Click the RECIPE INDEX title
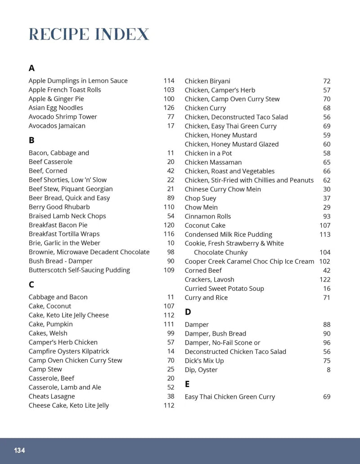pyautogui.click(x=89, y=34)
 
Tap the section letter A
pyautogui.click(x=31, y=68)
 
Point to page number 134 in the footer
pyautogui.click(x=19, y=450)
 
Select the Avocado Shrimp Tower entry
pyautogui.click(x=63, y=117)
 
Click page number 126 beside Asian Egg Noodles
pyautogui.click(x=169, y=108)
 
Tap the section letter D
pyautogui.click(x=188, y=312)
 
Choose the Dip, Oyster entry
pyautogui.click(x=201, y=370)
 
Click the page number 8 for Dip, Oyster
pyautogui.click(x=328, y=370)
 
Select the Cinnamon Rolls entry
pyautogui.click(x=207, y=216)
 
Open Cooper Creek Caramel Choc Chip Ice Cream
pyautogui.click(x=249, y=261)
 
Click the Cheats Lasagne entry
pyautogui.click(x=52, y=396)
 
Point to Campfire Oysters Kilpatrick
pyautogui.click(x=69, y=351)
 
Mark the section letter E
pyautogui.click(x=187, y=384)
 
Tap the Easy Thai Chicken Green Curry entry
pyautogui.click(x=229, y=397)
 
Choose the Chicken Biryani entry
pyautogui.click(x=207, y=81)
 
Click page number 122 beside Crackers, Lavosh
pyautogui.click(x=325, y=279)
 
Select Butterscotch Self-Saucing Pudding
pyautogui.click(x=79, y=270)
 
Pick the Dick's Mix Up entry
pyautogui.click(x=204, y=361)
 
